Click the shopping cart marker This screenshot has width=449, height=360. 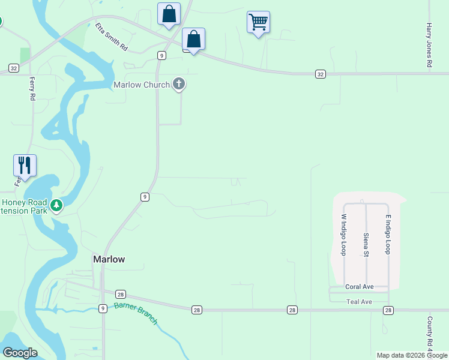click(x=258, y=23)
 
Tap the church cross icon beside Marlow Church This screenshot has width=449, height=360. click(x=178, y=84)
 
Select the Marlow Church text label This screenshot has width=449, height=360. click(x=142, y=85)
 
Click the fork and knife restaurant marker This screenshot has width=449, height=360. click(x=25, y=165)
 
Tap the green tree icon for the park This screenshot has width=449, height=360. click(x=56, y=206)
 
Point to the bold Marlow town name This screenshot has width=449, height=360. click(x=109, y=259)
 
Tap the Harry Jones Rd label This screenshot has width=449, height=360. click(x=429, y=46)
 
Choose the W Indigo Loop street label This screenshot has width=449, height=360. click(x=344, y=235)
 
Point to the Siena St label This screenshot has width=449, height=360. click(x=366, y=245)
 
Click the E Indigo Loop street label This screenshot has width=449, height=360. click(x=388, y=234)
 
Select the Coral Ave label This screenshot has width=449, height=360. click(x=360, y=287)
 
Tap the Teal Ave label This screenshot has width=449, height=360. click(x=360, y=301)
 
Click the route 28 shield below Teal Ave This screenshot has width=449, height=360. click(x=388, y=310)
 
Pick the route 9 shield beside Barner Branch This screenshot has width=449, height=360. click(x=103, y=308)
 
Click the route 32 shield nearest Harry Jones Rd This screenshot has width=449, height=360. click(x=321, y=74)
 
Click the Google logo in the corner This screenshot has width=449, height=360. click(x=20, y=353)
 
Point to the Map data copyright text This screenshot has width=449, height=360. click(x=411, y=355)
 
